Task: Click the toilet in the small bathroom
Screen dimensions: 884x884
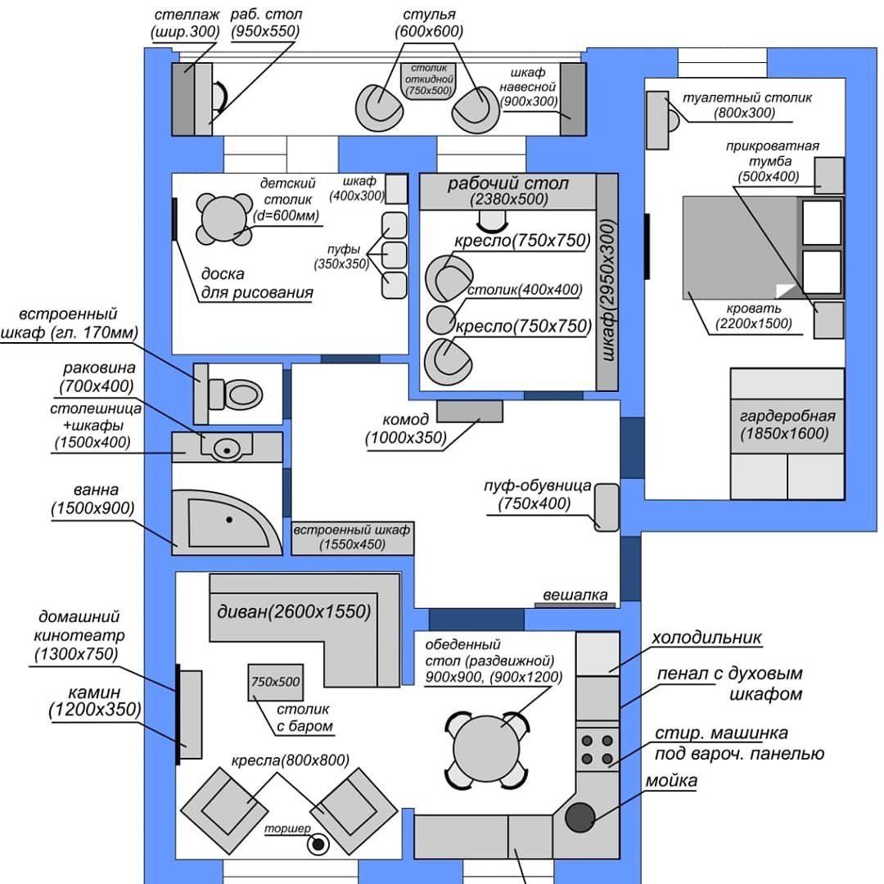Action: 242,394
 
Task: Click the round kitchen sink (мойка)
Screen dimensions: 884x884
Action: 580,817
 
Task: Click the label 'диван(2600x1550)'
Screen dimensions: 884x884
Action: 294,611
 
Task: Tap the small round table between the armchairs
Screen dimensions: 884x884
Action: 442,318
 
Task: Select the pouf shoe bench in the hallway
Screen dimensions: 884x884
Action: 607,507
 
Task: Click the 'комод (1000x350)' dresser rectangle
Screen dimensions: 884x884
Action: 469,411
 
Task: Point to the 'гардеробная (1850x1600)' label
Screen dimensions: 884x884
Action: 787,423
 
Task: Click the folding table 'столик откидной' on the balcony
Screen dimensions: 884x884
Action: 430,80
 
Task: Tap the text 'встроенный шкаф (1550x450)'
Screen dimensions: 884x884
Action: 353,537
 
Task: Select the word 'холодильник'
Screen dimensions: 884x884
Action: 706,637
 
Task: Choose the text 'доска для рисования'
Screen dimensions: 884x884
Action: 256,283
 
